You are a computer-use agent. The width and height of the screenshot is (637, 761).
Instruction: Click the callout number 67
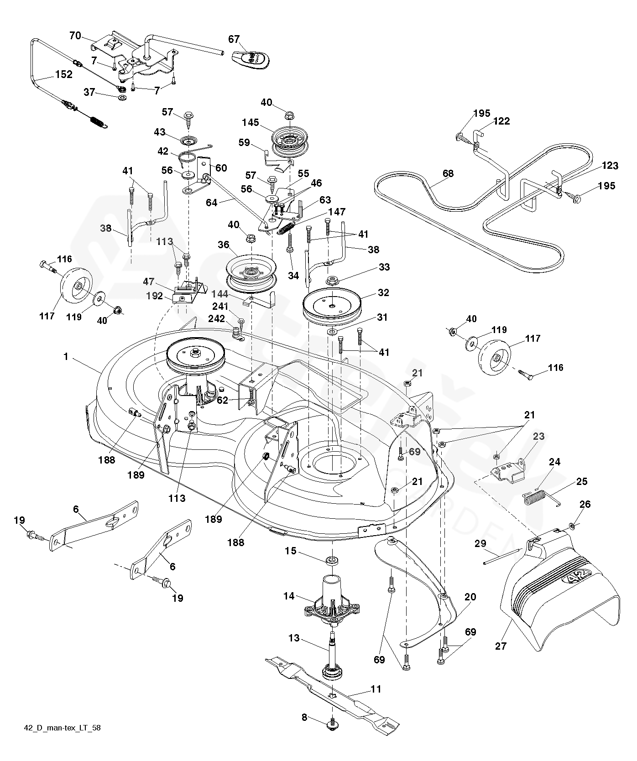[x=234, y=39]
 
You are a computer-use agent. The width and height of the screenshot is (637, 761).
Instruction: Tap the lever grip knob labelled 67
[x=251, y=60]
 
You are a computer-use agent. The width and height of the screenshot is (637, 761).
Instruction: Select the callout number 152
[x=64, y=74]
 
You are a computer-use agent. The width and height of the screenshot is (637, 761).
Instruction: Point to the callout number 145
[x=251, y=123]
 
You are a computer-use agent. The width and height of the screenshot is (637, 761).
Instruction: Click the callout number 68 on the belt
[x=448, y=173]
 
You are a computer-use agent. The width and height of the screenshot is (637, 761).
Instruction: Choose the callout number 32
[x=384, y=292]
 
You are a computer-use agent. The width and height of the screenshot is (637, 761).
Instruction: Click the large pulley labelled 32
[x=332, y=304]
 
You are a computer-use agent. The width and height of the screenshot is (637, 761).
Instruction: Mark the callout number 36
[x=223, y=245]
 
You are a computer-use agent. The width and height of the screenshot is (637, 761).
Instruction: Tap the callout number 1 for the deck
[x=66, y=356]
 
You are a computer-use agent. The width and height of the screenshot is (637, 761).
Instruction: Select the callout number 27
[x=501, y=646]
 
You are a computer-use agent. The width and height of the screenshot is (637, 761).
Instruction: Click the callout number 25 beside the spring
[x=582, y=481]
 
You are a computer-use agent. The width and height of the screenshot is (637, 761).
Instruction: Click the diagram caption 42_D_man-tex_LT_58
[x=62, y=740]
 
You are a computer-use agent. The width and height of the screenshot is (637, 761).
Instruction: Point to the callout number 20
[x=470, y=597]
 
